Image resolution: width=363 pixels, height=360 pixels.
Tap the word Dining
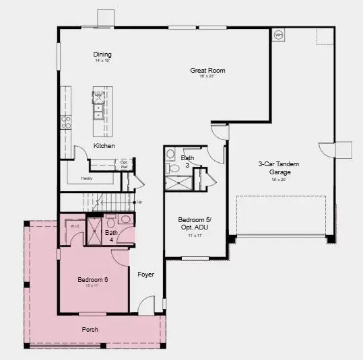click(x=102, y=55)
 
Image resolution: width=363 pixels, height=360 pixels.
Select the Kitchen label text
click(x=104, y=145)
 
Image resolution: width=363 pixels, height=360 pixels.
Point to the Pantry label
click(x=86, y=178)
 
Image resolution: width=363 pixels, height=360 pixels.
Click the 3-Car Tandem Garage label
click(x=278, y=168)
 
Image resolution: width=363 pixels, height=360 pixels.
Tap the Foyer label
click(x=146, y=275)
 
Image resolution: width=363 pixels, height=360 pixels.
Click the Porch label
click(x=91, y=329)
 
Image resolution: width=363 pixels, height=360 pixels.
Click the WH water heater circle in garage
click(x=278, y=35)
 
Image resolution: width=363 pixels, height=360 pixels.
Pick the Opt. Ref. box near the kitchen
click(x=125, y=163)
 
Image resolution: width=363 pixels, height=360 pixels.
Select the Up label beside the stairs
click(x=139, y=202)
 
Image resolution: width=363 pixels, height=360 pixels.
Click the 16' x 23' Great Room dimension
click(x=206, y=77)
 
